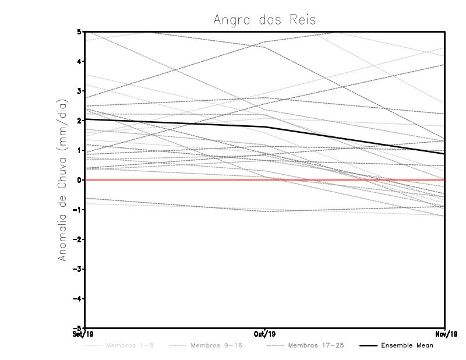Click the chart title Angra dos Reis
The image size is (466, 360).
[264, 20]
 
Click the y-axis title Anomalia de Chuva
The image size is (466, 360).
[62, 179]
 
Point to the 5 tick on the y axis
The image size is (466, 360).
[80, 31]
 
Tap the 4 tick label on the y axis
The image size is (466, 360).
[80, 61]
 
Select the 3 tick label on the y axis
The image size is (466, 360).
[80, 91]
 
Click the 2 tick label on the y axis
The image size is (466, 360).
[80, 121]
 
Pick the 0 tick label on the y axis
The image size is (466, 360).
[80, 180]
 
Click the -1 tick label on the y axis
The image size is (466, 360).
[78, 210]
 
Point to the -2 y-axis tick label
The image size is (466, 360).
[78, 239]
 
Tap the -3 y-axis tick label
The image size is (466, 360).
[78, 269]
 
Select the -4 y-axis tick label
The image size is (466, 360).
[78, 298]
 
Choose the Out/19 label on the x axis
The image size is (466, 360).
[265, 334]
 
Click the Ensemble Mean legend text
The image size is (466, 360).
[407, 345]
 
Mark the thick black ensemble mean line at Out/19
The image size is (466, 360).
[265, 126]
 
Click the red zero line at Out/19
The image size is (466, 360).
[265, 180]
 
